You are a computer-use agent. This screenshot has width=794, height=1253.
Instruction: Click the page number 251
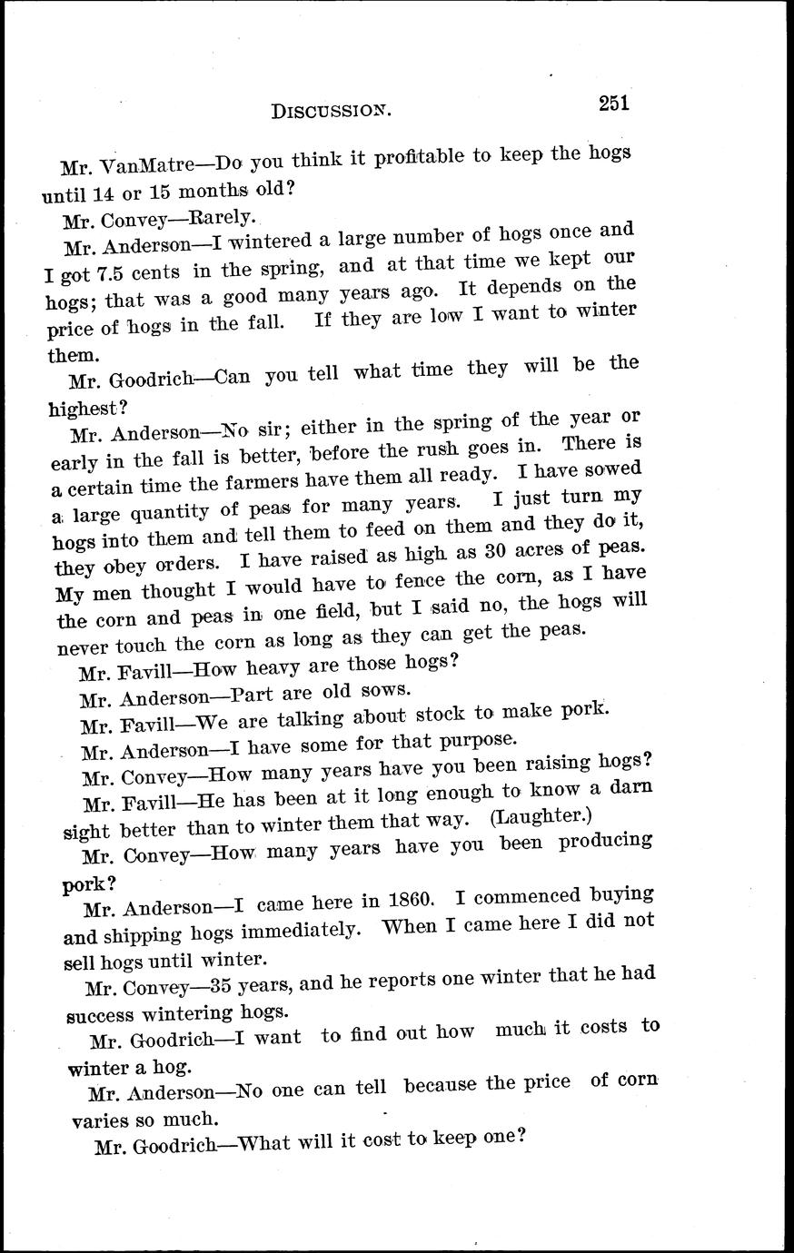614,102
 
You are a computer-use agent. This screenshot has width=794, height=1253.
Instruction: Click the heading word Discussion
331,111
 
